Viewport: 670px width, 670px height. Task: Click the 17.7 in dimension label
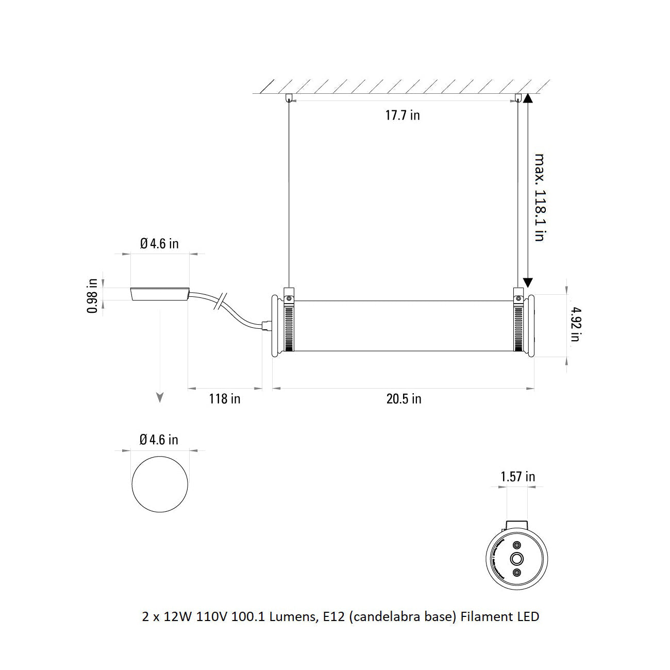point(403,115)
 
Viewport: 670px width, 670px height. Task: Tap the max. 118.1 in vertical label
point(539,197)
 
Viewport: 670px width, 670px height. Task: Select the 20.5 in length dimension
point(404,399)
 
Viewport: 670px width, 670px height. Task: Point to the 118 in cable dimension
point(224,399)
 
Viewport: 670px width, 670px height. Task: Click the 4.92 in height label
point(575,324)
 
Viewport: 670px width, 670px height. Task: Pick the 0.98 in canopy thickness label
point(93,296)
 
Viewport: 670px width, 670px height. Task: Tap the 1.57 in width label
point(517,477)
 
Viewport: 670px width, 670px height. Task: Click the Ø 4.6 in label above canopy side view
point(159,243)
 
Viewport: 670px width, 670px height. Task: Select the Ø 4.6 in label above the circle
point(159,440)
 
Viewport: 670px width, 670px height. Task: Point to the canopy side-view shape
point(160,293)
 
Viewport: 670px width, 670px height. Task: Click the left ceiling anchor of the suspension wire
point(289,97)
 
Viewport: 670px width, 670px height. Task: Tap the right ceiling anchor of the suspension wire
point(517,97)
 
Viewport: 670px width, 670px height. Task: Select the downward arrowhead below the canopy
point(160,397)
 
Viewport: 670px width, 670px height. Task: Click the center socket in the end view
point(516,559)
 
